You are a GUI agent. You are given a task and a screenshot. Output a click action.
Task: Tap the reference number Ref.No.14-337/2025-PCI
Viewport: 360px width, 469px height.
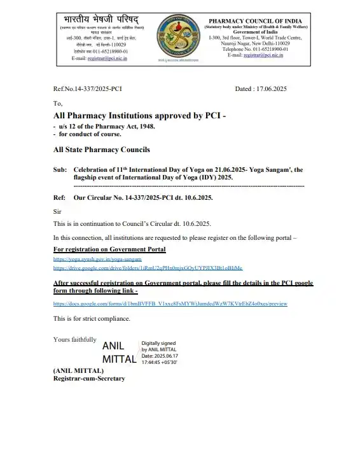pos(87,89)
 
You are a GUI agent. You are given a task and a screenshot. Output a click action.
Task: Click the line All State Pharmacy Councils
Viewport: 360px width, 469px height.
pos(102,150)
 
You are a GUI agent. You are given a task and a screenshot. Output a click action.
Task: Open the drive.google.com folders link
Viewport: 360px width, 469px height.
pos(148,268)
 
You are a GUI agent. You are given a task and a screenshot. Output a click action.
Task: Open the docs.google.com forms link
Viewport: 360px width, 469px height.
pos(170,304)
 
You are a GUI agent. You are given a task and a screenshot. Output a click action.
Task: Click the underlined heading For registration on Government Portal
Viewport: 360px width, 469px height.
pos(109,249)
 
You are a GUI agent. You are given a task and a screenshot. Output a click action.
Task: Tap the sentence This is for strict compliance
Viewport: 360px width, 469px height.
pos(92,318)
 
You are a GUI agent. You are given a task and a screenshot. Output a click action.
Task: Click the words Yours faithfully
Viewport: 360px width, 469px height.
pos(75,340)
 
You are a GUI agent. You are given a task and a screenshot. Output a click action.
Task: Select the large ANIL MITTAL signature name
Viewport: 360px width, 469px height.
pos(119,353)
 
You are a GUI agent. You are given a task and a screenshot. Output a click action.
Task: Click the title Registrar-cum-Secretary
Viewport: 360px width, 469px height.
pos(89,379)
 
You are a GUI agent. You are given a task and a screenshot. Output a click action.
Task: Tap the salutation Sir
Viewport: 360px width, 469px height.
pos(57,210)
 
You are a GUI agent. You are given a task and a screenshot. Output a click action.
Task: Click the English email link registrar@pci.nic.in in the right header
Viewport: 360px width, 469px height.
pos(264,55)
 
